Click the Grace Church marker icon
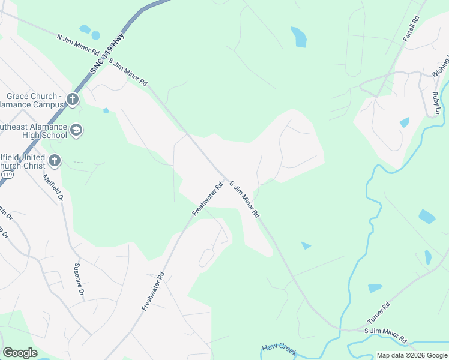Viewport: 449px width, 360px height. pyautogui.click(x=73, y=99)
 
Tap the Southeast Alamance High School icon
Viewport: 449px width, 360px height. pyautogui.click(x=76, y=130)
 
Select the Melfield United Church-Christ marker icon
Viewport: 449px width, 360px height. pyautogui.click(x=54, y=160)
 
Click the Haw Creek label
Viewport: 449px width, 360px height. pyautogui.click(x=279, y=350)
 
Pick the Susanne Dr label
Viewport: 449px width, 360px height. pyautogui.click(x=77, y=280)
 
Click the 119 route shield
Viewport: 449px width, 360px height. pyautogui.click(x=7, y=174)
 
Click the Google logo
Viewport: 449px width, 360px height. pyautogui.click(x=20, y=353)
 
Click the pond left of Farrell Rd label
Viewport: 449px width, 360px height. pyautogui.click(x=298, y=37)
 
